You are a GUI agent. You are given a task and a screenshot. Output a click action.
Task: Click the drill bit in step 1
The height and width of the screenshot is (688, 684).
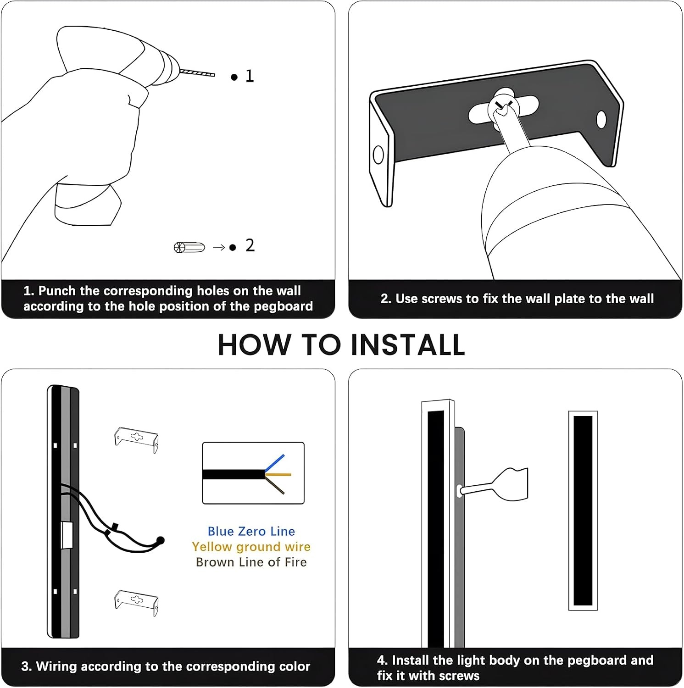197,73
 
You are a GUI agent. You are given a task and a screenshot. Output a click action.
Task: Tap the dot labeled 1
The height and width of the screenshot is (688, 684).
234,77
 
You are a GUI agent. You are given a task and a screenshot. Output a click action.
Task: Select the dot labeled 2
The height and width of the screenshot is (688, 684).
233,248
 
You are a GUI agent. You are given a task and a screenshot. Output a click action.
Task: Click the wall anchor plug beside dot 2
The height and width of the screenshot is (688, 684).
189,247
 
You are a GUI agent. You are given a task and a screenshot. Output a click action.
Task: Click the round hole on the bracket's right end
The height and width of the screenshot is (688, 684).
601,120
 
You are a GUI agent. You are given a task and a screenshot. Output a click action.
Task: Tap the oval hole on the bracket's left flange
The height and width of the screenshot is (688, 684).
378,155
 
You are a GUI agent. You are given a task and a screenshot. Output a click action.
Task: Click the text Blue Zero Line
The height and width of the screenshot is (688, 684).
251,531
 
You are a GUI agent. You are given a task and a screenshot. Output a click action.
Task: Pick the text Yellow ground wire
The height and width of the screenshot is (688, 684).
251,547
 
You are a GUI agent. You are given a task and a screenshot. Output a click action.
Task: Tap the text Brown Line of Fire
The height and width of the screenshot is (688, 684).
251,562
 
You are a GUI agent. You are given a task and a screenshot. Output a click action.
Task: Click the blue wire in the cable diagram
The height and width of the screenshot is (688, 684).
275,463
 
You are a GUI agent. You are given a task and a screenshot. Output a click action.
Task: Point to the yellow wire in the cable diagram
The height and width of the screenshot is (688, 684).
278,474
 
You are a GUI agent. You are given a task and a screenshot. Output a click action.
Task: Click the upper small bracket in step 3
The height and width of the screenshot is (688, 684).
136,439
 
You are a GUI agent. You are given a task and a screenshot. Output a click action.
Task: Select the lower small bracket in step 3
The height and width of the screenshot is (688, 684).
136,602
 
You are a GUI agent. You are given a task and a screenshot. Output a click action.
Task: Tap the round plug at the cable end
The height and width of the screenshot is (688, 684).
160,540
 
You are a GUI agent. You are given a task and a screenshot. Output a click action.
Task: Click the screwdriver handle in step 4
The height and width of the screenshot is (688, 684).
512,484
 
